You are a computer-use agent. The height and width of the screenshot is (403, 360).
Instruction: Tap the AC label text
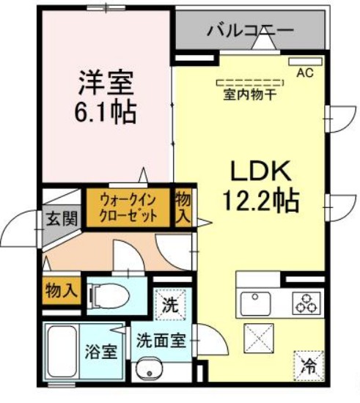point(304,73)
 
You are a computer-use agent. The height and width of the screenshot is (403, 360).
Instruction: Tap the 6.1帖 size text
point(106,111)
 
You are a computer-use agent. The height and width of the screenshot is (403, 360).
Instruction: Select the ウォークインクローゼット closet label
point(129,207)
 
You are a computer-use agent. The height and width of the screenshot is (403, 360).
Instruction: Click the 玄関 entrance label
point(62,219)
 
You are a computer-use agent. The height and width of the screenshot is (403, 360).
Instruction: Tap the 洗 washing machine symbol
point(171,303)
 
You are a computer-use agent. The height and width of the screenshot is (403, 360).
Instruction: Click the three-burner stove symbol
point(306,303)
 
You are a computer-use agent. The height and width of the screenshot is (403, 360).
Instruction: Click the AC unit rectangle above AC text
point(305,61)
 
